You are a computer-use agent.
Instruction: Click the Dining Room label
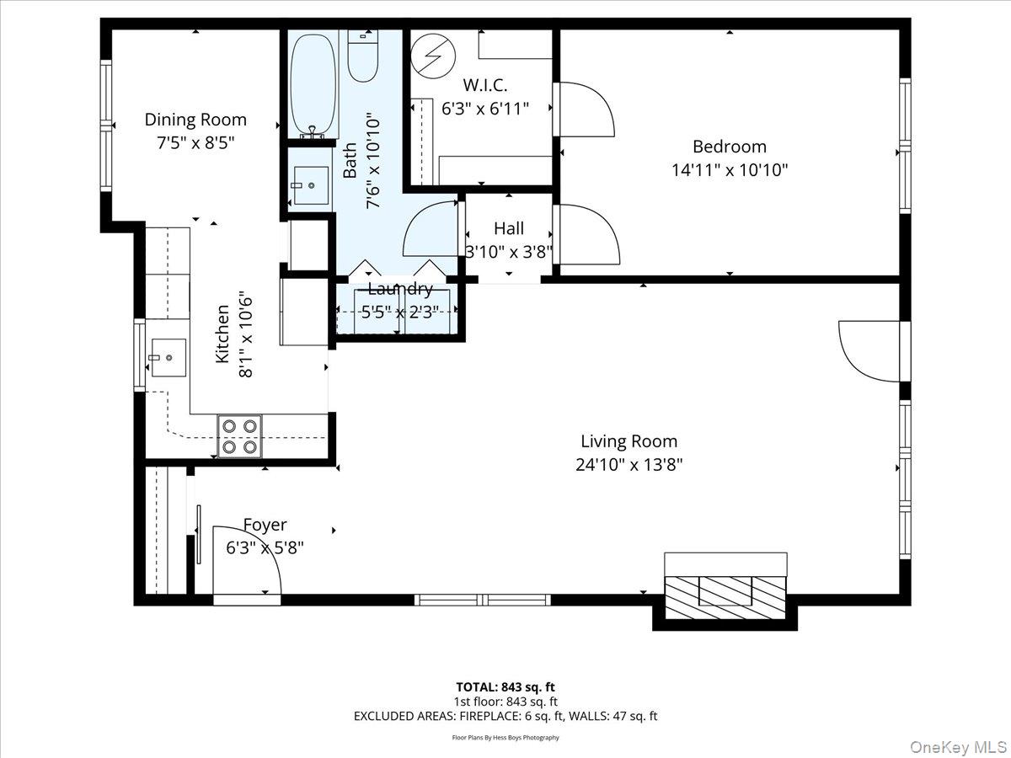pyautogui.click(x=195, y=120)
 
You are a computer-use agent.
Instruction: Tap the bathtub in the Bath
pyautogui.click(x=313, y=84)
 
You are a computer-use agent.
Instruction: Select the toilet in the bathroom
pyautogui.click(x=363, y=56)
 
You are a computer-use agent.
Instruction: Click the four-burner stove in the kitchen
pyautogui.click(x=239, y=435)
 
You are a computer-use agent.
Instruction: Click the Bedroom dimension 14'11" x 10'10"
pyautogui.click(x=730, y=170)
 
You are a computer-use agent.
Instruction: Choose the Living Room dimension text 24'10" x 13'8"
pyautogui.click(x=629, y=464)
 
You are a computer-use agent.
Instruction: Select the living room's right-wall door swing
pyautogui.click(x=869, y=350)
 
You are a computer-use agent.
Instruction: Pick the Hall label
pyautogui.click(x=509, y=228)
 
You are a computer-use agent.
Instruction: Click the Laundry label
pyautogui.click(x=400, y=290)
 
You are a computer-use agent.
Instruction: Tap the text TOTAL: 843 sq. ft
pyautogui.click(x=505, y=686)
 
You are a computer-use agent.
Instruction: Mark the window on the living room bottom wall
pyautogui.click(x=483, y=600)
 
